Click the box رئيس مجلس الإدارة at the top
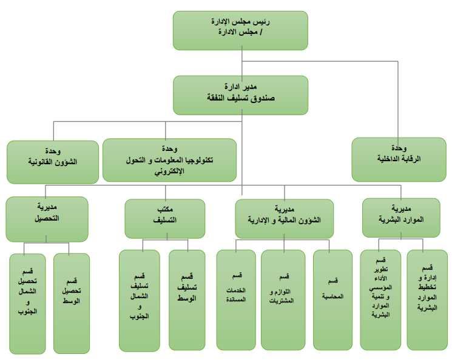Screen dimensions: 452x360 240,30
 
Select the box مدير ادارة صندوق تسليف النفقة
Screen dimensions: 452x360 241,95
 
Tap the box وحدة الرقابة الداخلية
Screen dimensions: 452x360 399,159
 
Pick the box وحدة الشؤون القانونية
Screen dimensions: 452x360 53,162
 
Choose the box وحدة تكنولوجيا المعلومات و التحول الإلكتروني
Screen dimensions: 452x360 169,160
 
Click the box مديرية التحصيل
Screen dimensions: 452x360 47,219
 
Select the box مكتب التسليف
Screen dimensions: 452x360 165,219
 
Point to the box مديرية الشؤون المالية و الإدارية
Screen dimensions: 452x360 284,219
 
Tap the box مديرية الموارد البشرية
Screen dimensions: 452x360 401,218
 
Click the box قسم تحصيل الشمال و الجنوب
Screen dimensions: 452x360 27,304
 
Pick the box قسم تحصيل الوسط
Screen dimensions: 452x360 72,304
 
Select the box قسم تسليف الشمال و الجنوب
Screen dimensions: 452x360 139,301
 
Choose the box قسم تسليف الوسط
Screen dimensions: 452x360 187,300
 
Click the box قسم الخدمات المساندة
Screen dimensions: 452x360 236,300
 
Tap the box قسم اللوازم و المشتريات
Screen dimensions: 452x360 283,300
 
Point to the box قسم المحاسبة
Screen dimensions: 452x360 332,300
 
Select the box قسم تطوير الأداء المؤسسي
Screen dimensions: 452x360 380,300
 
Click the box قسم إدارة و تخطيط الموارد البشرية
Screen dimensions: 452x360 427,300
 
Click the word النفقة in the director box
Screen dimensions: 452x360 215,98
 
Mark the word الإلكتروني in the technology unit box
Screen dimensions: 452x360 169,172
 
